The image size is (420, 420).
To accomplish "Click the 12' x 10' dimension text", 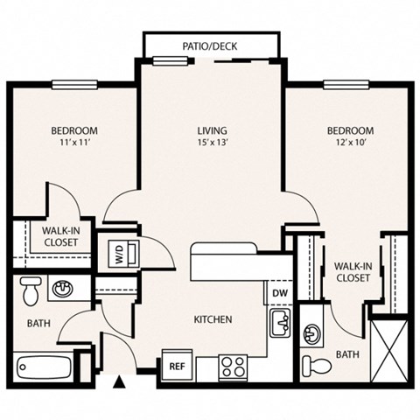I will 349,145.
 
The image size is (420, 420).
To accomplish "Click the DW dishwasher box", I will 280,293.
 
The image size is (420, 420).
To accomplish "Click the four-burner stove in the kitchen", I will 234,366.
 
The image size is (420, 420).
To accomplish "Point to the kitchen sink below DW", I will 280,322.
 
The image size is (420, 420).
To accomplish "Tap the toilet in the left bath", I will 31,289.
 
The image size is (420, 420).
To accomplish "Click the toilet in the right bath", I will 313,366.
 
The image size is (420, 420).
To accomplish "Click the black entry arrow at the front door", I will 122,381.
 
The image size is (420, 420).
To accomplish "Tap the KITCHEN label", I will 212,320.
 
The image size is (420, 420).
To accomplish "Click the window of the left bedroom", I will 73,85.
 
